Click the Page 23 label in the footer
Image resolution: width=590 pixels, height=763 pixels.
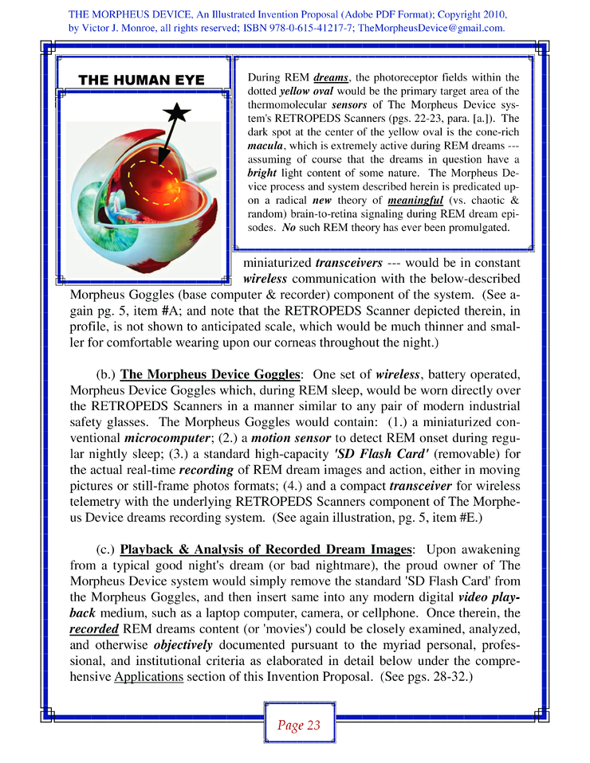click(299, 725)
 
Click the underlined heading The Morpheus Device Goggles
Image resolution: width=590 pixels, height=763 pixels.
click(210, 374)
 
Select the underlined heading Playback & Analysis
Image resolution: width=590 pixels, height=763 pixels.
click(265, 550)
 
